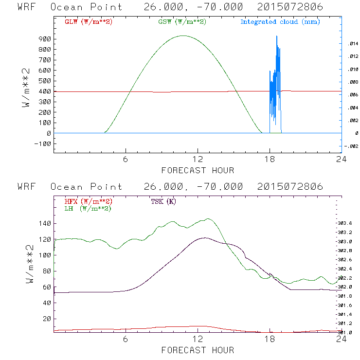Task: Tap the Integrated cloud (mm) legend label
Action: point(280,22)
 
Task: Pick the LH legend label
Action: point(88,208)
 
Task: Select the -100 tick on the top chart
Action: point(43,144)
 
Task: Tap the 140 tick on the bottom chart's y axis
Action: point(45,223)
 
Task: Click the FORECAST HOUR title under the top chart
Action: point(198,170)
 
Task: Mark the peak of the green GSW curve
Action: point(183,36)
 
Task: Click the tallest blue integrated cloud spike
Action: point(277,36)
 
